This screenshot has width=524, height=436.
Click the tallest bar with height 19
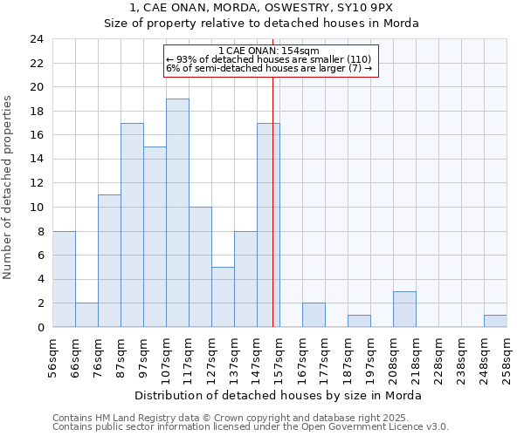click(177, 213)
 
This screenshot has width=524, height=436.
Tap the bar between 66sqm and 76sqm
click(86, 315)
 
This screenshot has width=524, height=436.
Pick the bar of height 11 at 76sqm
click(109, 261)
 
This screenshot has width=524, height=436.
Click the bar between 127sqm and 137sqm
click(223, 296)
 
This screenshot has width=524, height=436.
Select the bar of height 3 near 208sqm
click(404, 309)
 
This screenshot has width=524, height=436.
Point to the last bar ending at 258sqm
click(495, 321)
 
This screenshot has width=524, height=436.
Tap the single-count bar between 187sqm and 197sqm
click(359, 321)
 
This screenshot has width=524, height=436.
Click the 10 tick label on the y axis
click(37, 208)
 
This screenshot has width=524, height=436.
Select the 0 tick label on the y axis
click(40, 328)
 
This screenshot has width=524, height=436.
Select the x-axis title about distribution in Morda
click(279, 395)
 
